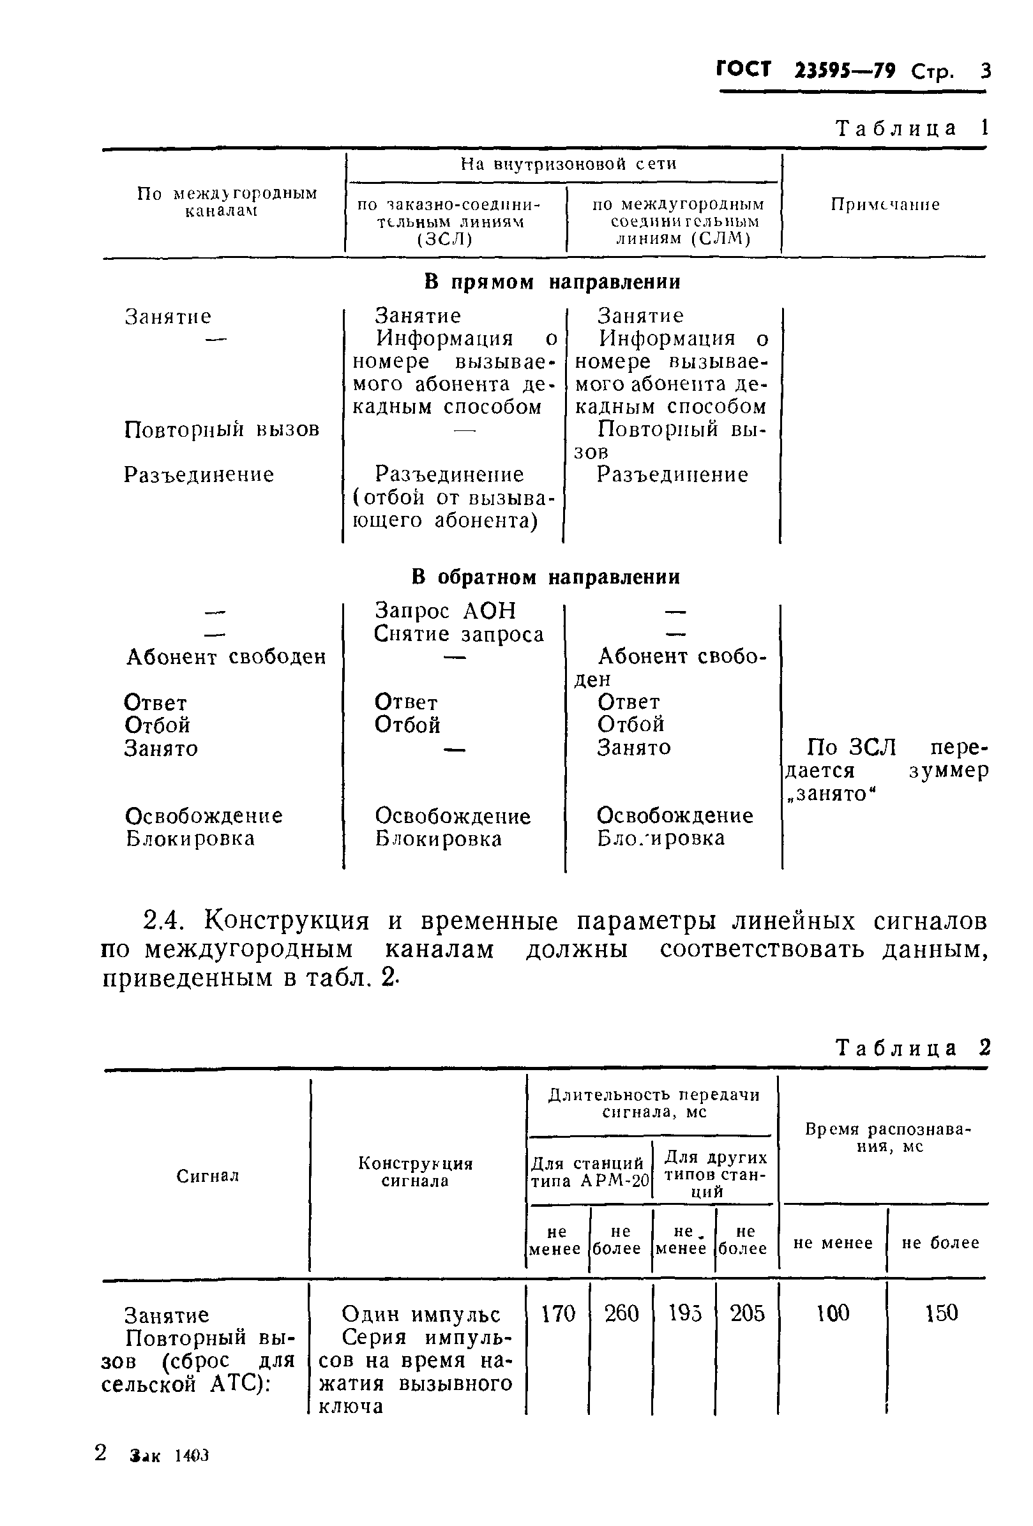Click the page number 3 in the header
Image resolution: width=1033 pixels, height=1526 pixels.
tap(984, 71)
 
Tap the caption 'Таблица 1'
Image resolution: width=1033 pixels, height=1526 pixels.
tap(911, 128)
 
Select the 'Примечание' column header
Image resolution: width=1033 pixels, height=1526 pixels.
tap(885, 204)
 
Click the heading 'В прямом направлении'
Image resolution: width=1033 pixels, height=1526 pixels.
tap(551, 282)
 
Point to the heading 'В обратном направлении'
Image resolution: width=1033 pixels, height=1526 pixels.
tap(545, 577)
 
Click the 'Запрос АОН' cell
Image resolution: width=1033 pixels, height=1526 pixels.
tap(445, 610)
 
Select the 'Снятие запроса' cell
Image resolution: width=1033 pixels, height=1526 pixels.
tap(458, 634)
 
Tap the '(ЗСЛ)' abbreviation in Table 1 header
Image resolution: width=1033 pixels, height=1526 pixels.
tap(444, 239)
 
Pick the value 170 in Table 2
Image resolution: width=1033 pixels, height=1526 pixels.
tap(557, 1326)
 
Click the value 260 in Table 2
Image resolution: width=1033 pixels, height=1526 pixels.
tap(621, 1326)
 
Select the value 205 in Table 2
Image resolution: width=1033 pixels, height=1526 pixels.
tap(748, 1326)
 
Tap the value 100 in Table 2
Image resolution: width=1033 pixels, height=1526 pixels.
tap(832, 1326)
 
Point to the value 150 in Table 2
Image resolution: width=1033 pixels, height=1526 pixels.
tap(940, 1326)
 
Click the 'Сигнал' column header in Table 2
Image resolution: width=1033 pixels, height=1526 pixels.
tap(207, 1176)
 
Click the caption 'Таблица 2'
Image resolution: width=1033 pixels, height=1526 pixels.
tap(911, 1048)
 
